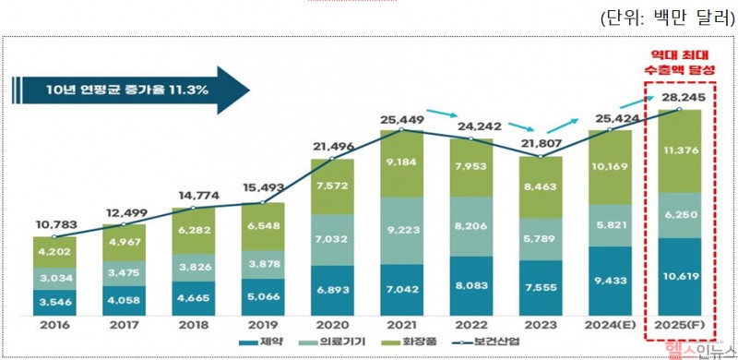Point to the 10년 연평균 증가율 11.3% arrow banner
click(129, 90)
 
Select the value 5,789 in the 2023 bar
click(541, 239)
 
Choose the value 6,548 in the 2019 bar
click(263, 225)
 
